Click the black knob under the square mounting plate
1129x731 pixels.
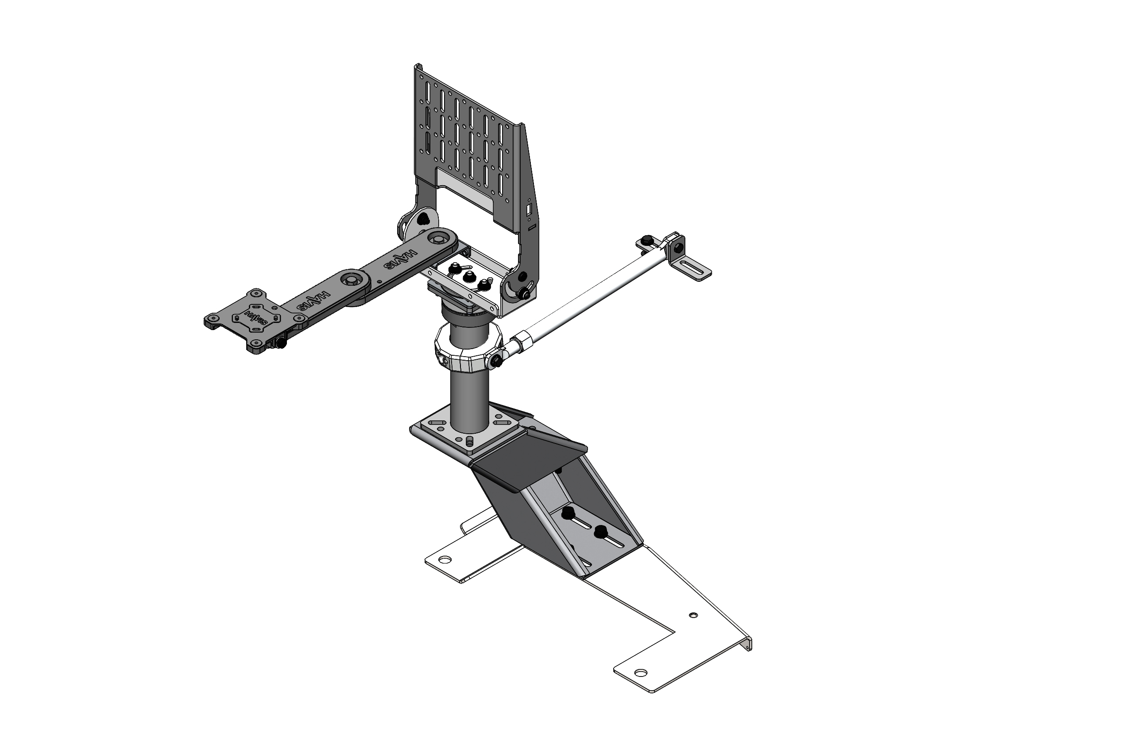(282, 342)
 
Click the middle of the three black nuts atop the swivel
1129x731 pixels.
(467, 275)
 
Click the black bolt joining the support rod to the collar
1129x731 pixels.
(497, 362)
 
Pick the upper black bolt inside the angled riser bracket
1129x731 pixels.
(566, 513)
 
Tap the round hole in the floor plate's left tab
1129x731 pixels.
(445, 559)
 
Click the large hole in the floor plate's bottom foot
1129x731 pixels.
(640, 673)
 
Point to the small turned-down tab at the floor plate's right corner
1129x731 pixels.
(749, 645)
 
